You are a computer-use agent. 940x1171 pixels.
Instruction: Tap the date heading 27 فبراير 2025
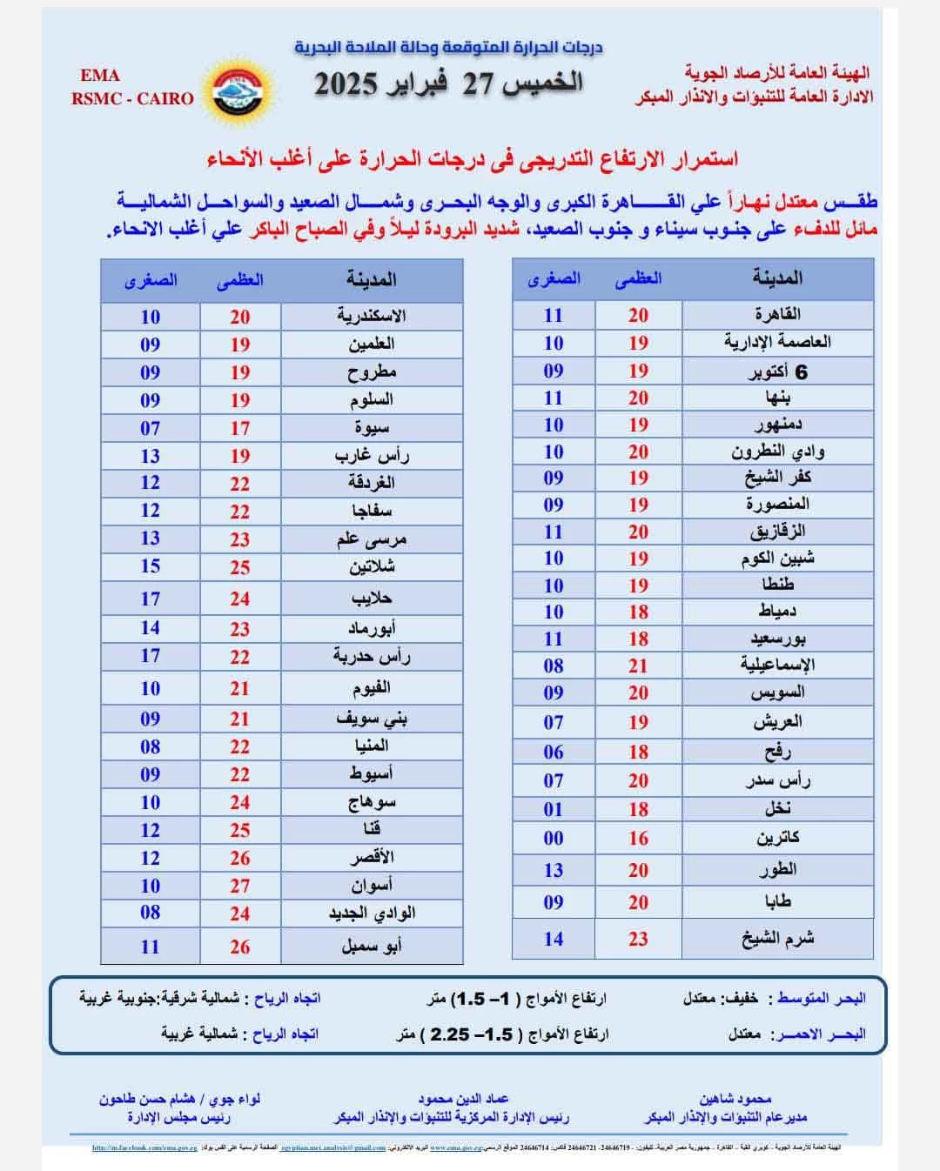[x=449, y=84]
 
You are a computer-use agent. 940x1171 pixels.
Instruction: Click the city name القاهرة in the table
[x=777, y=314]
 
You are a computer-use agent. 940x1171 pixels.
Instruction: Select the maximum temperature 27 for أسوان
[x=240, y=886]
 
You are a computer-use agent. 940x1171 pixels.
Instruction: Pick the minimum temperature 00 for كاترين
[x=554, y=838]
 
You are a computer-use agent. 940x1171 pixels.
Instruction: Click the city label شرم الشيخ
[x=777, y=939]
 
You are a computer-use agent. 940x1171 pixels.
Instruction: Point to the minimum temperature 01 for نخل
[x=554, y=809]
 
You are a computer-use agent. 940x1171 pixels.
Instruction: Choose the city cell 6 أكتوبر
[x=777, y=371]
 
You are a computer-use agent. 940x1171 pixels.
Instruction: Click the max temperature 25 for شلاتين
[x=240, y=567]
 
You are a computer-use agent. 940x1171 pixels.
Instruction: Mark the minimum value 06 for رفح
[x=554, y=752]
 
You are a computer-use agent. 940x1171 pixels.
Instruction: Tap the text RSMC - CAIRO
[x=132, y=98]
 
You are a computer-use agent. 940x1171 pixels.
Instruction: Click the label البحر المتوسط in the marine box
[x=822, y=999]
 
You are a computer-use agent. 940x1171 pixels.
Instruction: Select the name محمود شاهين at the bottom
[x=735, y=1099]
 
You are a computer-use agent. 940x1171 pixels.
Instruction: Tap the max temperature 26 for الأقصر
[x=240, y=858]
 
